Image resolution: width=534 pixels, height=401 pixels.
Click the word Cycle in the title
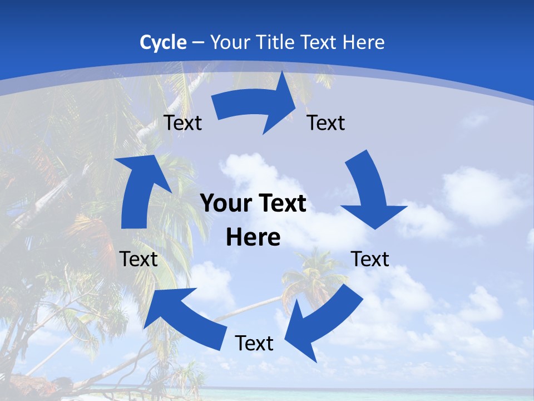tap(163, 42)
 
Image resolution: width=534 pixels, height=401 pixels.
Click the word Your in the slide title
tap(229, 42)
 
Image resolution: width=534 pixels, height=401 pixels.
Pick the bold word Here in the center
tap(253, 238)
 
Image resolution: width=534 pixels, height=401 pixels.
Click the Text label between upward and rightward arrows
tap(183, 123)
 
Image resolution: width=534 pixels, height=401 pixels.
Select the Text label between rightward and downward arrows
tap(326, 123)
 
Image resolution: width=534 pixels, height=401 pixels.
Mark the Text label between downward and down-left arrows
tap(370, 259)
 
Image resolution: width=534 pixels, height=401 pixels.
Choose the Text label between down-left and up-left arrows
tap(254, 344)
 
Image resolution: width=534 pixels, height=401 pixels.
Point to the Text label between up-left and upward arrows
tap(139, 259)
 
